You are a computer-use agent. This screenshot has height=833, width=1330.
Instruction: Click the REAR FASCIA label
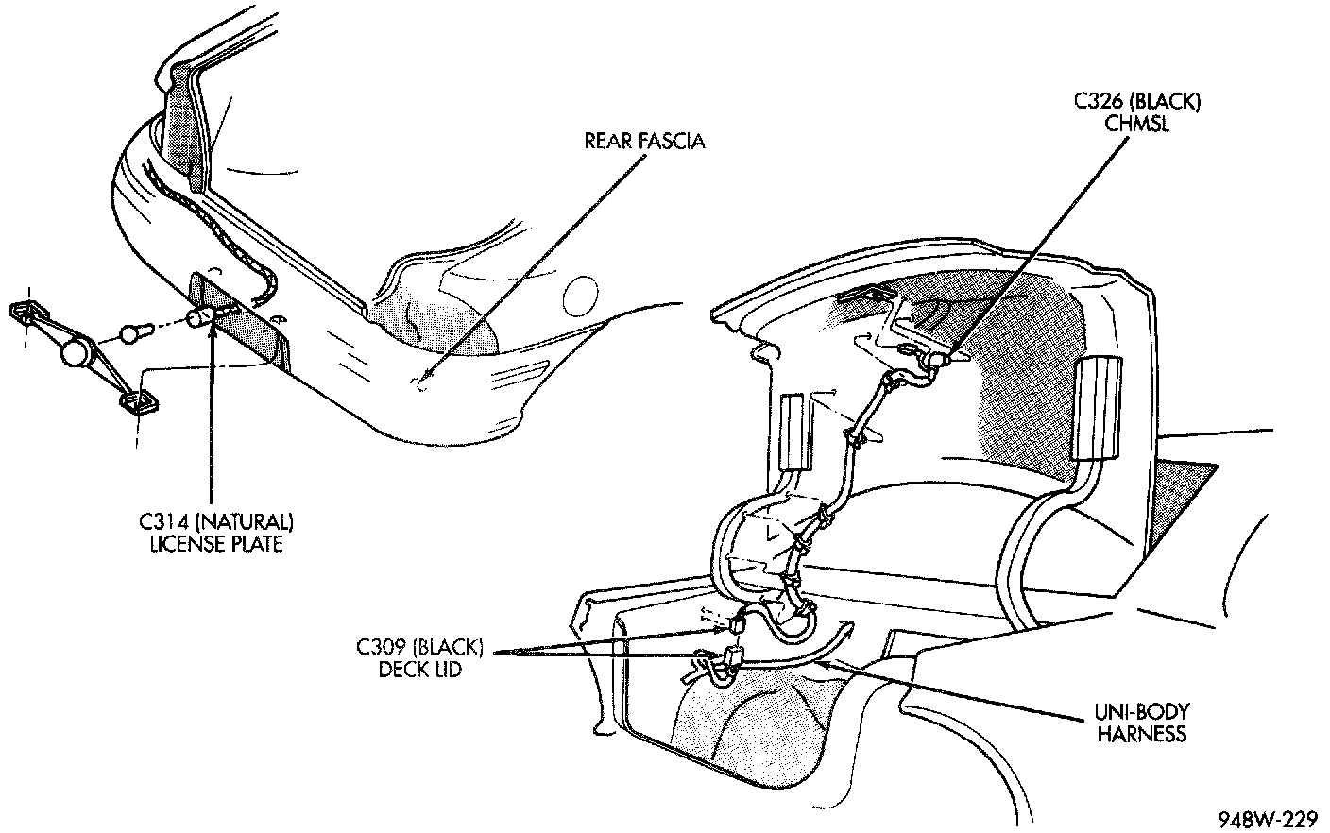(x=645, y=142)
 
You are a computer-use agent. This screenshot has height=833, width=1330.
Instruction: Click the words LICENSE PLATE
(x=216, y=545)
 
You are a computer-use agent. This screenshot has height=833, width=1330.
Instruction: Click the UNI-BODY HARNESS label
(x=1141, y=722)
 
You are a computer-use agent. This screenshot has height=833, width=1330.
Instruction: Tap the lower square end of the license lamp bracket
(x=137, y=404)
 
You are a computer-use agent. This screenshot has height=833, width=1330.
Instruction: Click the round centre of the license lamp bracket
(x=76, y=355)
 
